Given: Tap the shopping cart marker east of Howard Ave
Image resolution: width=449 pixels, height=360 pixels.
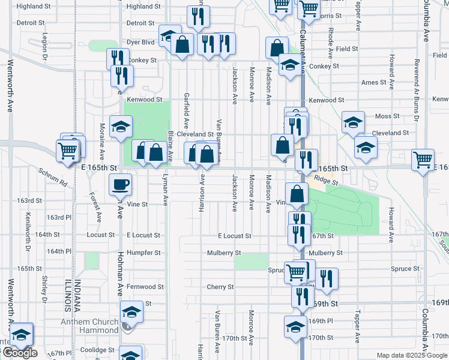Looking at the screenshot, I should [x=423, y=160].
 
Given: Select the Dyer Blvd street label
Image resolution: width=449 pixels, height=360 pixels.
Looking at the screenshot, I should [x=140, y=43].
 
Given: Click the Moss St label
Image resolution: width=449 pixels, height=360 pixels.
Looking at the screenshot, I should [x=387, y=116].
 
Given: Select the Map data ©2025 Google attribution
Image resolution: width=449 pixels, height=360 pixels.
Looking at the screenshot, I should [x=411, y=355].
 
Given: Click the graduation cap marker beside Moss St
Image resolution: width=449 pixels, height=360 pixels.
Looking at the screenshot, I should [x=353, y=122].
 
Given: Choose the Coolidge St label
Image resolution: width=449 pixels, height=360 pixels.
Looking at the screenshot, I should [x=97, y=350].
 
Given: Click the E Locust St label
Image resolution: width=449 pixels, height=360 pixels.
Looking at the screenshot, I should [x=234, y=236].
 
